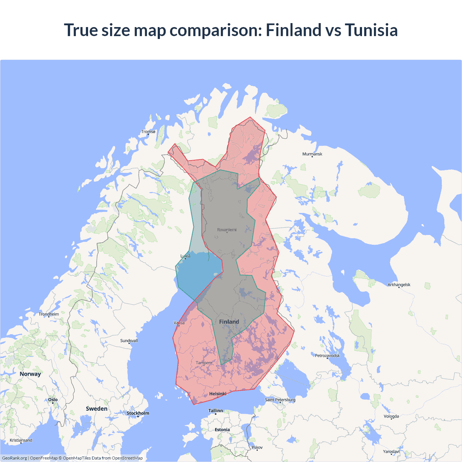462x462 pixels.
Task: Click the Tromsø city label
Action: click(x=148, y=132)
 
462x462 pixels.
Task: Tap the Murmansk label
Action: click(x=312, y=154)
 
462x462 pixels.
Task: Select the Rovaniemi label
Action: click(x=227, y=230)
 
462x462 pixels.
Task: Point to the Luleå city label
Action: click(x=185, y=256)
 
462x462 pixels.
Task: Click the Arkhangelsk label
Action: click(x=399, y=285)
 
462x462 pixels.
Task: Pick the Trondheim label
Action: click(x=49, y=314)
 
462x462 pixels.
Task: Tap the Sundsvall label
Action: click(x=129, y=341)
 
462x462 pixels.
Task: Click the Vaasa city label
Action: click(x=179, y=323)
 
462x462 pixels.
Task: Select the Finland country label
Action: click(x=229, y=322)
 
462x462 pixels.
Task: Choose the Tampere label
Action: click(x=204, y=363)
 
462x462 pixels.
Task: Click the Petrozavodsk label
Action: click(x=327, y=356)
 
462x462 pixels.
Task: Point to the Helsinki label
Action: click(x=218, y=394)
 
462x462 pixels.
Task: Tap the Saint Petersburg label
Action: click(x=280, y=400)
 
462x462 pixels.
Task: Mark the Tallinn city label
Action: click(x=215, y=411)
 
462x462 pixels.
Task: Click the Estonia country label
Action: click(x=222, y=430)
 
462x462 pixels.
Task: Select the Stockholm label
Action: click(x=138, y=413)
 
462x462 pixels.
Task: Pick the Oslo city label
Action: click(x=53, y=400)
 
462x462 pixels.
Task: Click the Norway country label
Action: click(x=30, y=374)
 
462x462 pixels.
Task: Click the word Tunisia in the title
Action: click(x=371, y=30)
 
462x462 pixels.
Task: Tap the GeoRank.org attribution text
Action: click(x=14, y=458)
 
